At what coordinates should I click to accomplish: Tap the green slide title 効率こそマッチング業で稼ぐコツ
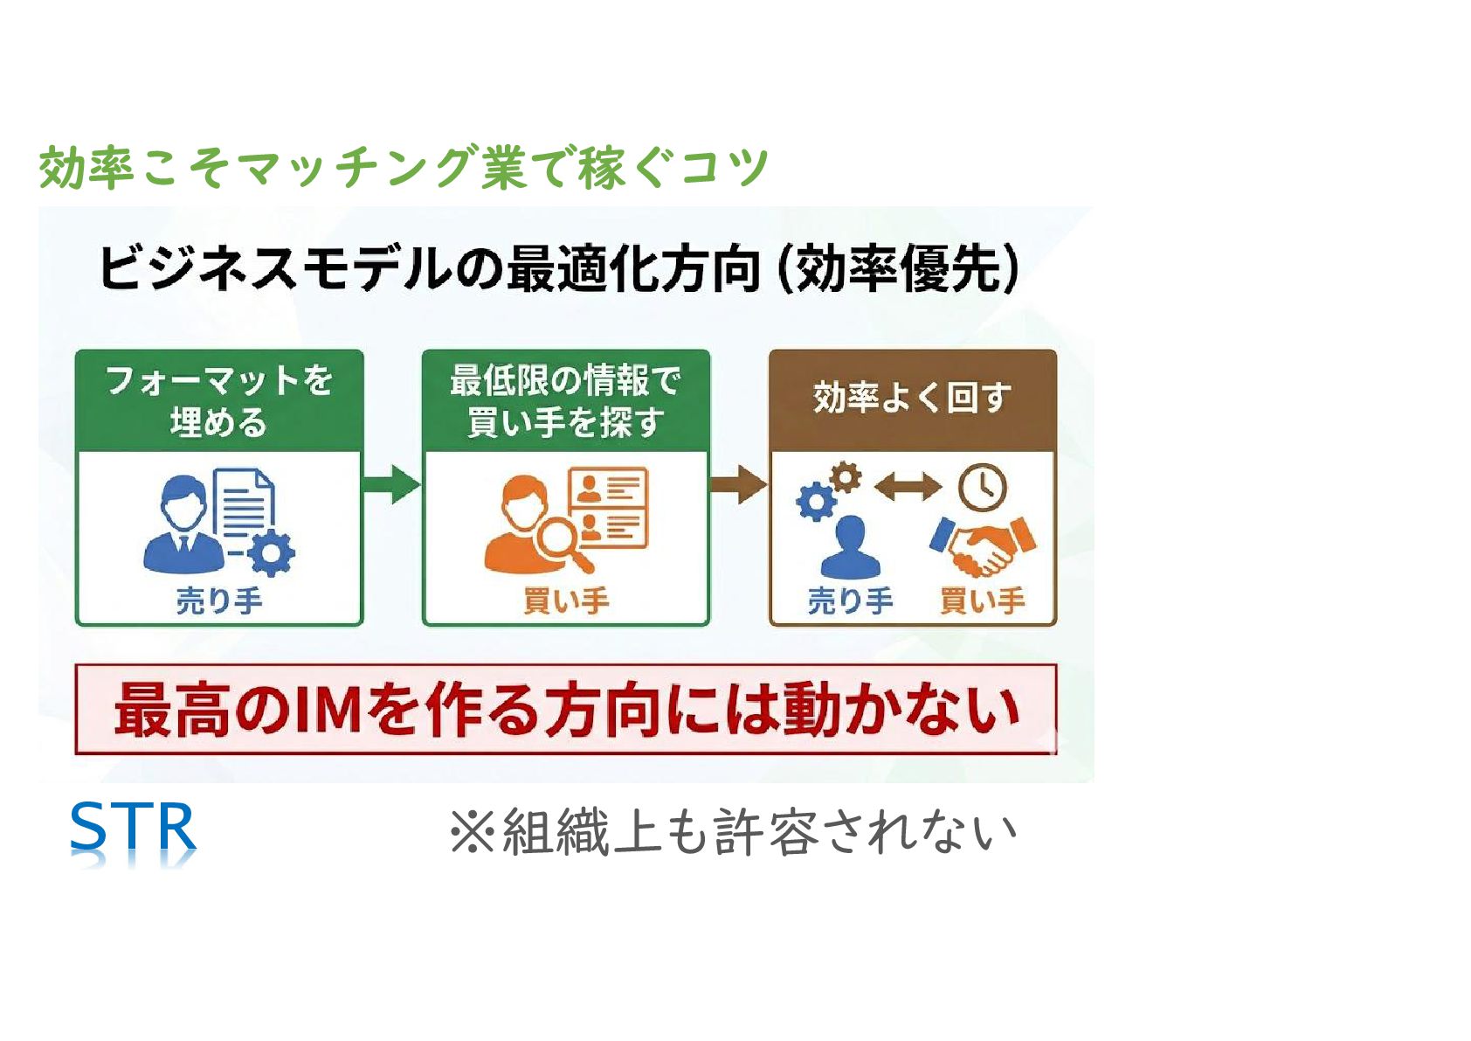click(x=404, y=167)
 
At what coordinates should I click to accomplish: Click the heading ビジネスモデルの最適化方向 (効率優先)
click(x=559, y=268)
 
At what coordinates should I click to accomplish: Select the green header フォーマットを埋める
click(x=218, y=401)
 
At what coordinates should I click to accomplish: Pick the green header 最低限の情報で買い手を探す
click(x=565, y=401)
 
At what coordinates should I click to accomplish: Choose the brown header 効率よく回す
click(x=912, y=399)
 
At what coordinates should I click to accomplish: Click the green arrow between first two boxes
click(x=391, y=484)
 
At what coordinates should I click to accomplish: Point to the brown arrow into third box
click(x=738, y=484)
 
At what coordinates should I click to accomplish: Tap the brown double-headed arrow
click(x=908, y=486)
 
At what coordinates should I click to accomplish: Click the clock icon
click(x=983, y=486)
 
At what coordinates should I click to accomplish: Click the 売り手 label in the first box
click(x=218, y=600)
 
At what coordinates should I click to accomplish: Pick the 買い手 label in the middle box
click(x=565, y=600)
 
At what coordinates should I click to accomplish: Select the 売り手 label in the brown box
click(x=850, y=600)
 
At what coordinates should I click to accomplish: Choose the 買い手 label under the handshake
click(x=982, y=600)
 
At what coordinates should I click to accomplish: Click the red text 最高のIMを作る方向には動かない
click(x=566, y=709)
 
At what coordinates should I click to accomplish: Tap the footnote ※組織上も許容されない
click(x=732, y=831)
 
